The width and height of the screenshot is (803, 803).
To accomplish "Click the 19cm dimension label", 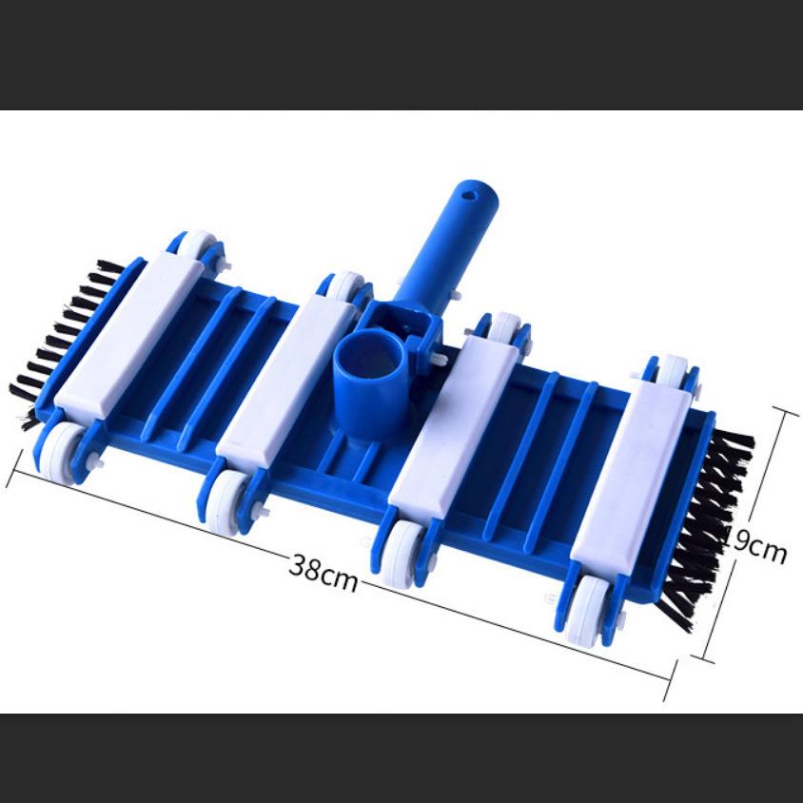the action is [757, 544].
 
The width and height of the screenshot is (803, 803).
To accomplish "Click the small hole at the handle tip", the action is [467, 195].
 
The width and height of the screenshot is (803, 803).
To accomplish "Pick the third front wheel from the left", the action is [402, 552].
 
